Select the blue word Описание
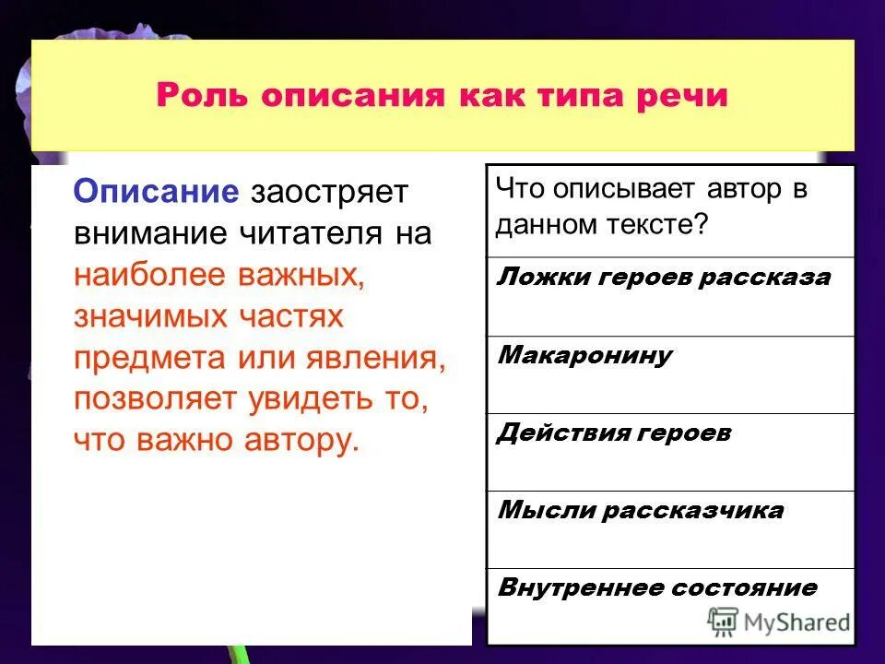coord(157,192)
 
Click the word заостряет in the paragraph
coord(328,194)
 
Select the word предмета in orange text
coord(145,358)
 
